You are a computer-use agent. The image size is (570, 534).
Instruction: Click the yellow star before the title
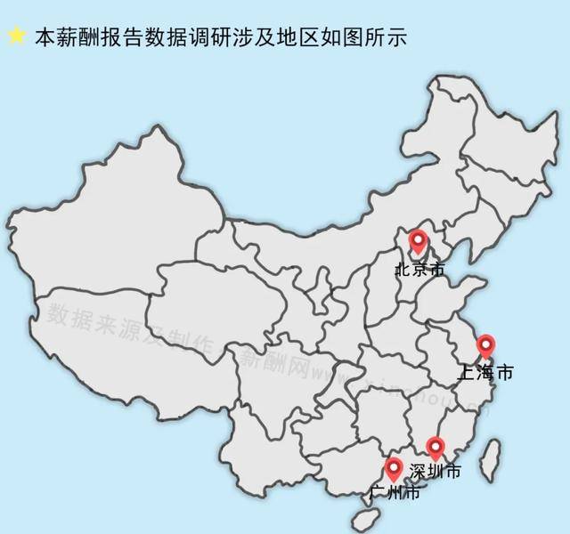click(16, 36)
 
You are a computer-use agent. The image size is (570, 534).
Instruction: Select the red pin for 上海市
click(485, 344)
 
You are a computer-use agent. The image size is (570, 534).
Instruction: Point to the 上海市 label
click(484, 373)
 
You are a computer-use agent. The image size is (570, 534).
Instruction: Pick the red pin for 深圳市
click(435, 447)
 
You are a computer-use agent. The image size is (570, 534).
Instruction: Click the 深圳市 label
click(436, 471)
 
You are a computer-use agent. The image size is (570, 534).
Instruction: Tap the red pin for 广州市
click(394, 466)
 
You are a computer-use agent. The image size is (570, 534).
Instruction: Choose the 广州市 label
click(395, 491)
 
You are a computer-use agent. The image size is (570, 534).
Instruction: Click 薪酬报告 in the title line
click(101, 37)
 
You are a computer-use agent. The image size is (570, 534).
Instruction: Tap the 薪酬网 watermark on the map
click(272, 363)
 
